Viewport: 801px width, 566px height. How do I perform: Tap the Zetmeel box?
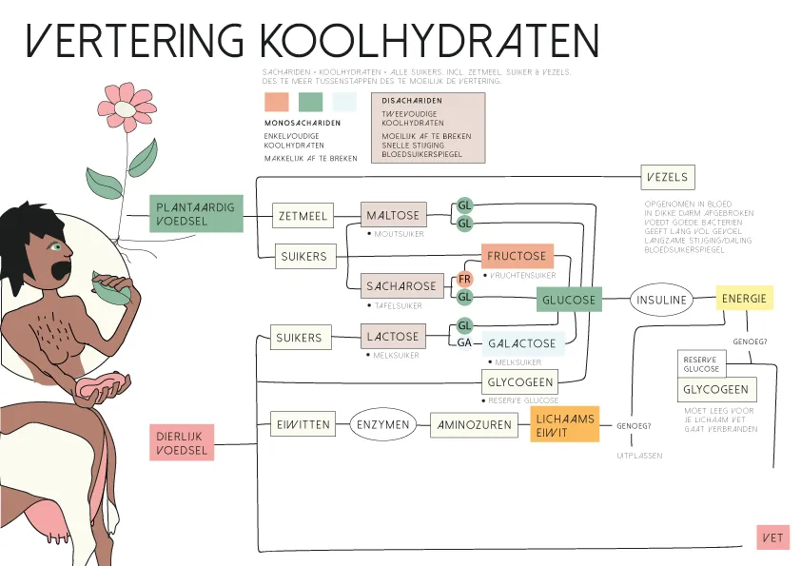click(x=303, y=216)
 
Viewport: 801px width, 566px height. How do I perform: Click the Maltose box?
click(x=393, y=216)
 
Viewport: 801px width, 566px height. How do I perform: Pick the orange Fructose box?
click(x=517, y=256)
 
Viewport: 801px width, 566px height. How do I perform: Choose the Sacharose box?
click(x=401, y=285)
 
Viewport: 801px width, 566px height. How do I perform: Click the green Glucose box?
click(x=569, y=300)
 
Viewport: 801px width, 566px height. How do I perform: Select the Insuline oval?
click(x=661, y=300)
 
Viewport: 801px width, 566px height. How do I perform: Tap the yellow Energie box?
click(x=744, y=299)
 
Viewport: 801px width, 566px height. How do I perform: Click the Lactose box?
click(x=393, y=337)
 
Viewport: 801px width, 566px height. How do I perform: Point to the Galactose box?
click(x=523, y=343)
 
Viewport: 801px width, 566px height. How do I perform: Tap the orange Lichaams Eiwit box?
click(x=564, y=425)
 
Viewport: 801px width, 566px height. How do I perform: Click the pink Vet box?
click(x=772, y=537)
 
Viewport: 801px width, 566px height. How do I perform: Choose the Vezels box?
click(x=667, y=177)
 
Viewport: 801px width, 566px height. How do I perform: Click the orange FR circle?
click(x=464, y=279)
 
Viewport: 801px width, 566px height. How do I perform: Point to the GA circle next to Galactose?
click(x=464, y=342)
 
